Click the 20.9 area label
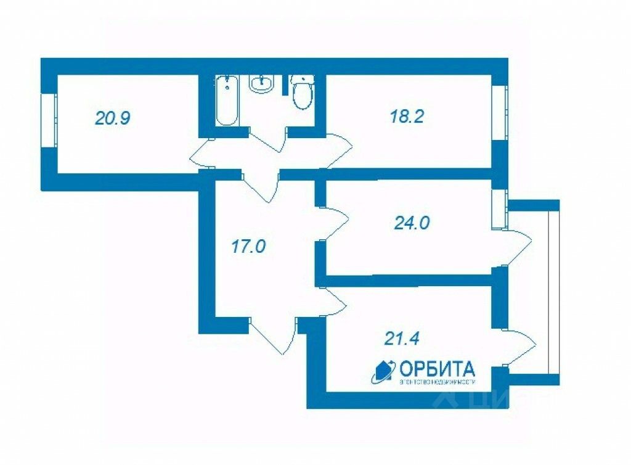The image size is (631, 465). coord(112,118)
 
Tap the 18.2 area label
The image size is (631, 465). coord(407,117)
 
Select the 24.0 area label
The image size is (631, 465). coord(412,222)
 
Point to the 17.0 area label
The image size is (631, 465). coord(248,247)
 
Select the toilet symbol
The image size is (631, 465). coord(302,93)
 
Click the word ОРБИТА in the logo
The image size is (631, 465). coord(438,369)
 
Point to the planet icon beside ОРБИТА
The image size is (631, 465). coord(383,371)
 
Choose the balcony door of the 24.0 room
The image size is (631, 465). coord(516,248)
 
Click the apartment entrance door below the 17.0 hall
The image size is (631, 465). coord(274,336)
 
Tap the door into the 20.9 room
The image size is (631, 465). coord(202,154)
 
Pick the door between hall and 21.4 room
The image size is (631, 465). coord(333,302)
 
